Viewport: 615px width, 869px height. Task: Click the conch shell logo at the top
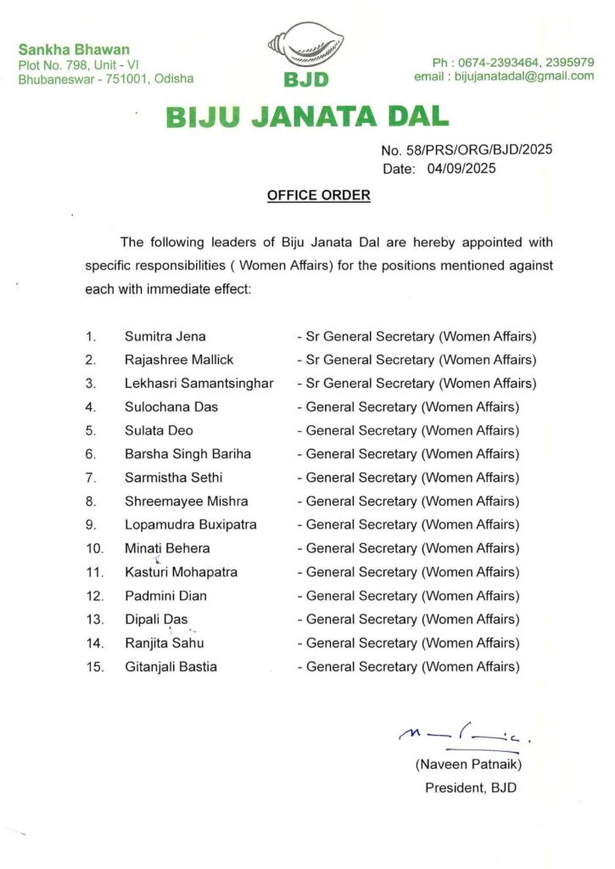tap(308, 48)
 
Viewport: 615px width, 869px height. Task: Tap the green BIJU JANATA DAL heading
tap(308, 115)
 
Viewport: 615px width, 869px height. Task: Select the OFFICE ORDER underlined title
tap(319, 195)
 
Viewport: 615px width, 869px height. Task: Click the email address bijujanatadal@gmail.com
tap(504, 76)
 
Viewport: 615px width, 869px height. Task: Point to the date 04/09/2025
tap(461, 169)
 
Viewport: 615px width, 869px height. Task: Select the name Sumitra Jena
tap(165, 336)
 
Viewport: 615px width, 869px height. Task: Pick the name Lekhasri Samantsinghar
tap(199, 384)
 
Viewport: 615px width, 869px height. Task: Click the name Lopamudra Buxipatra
tap(191, 524)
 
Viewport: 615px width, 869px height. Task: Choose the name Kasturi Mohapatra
tap(181, 572)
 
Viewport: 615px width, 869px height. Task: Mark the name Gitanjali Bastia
tap(171, 666)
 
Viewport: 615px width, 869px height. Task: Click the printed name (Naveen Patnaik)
tap(468, 765)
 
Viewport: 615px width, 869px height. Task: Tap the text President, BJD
tap(470, 788)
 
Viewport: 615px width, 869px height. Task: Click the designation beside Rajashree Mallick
tap(417, 360)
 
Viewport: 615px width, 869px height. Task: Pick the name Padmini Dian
tap(165, 596)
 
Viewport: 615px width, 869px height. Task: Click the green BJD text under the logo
tap(308, 81)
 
